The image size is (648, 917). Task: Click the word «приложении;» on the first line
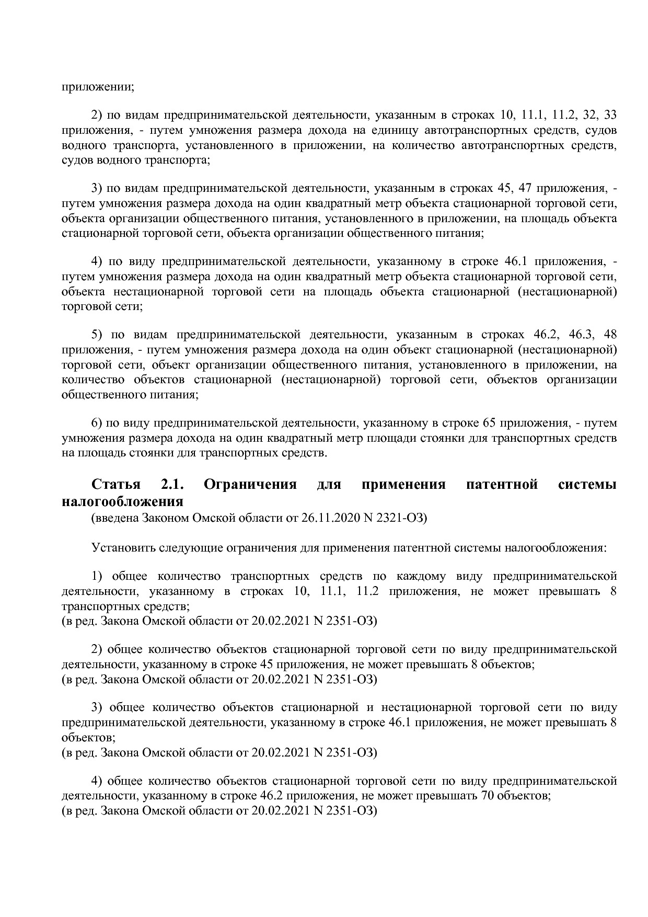pyautogui.click(x=98, y=87)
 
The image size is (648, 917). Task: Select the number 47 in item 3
pyautogui.click(x=525, y=188)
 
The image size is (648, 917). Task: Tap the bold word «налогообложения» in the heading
pyautogui.click(x=122, y=501)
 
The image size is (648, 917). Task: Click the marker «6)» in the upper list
pyautogui.click(x=98, y=422)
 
